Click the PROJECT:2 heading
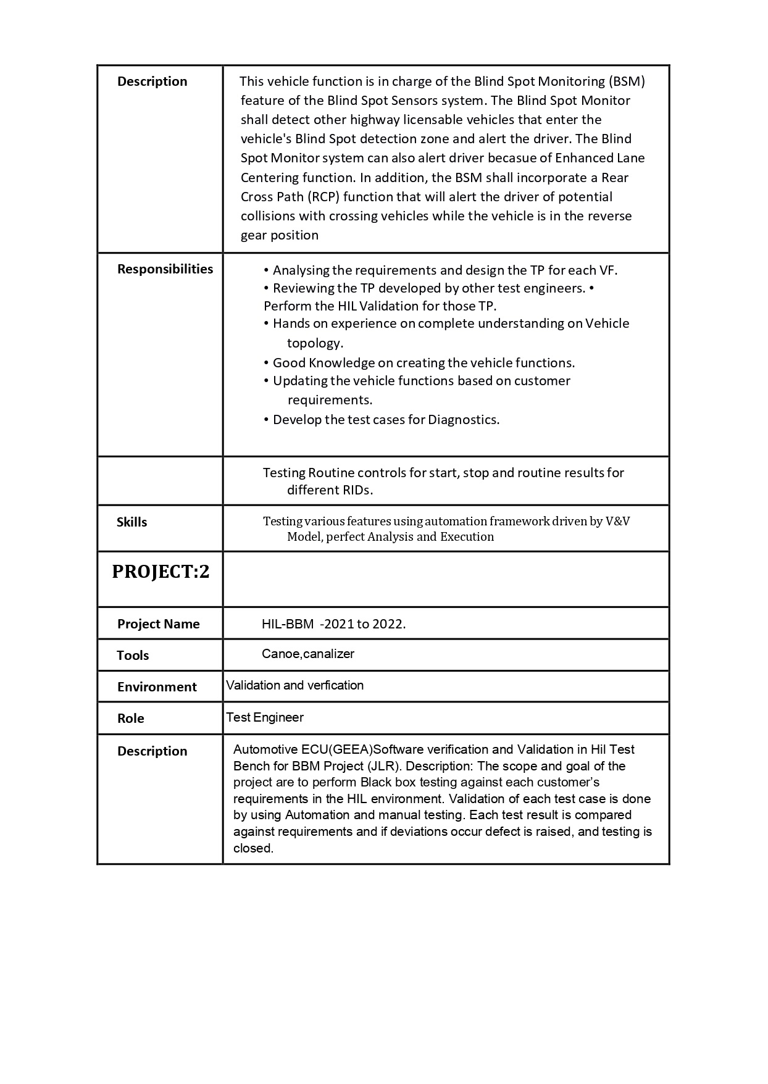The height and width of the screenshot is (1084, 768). [x=161, y=572]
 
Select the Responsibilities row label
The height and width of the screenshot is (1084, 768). [x=165, y=269]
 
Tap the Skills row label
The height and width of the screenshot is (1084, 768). [x=131, y=522]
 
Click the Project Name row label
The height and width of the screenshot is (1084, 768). [x=158, y=624]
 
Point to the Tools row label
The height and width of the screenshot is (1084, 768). [x=133, y=656]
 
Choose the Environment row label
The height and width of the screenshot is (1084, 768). [x=157, y=687]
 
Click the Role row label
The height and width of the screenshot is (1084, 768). [x=130, y=719]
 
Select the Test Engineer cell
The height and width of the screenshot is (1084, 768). [x=265, y=717]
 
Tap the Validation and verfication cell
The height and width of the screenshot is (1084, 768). [x=294, y=685]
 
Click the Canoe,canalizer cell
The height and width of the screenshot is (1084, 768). [x=307, y=654]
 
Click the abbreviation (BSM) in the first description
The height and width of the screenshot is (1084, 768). [x=627, y=81]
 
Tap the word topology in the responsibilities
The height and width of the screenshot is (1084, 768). [x=315, y=343]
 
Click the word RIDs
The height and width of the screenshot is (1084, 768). [x=356, y=490]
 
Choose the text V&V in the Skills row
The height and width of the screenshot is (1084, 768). [x=617, y=521]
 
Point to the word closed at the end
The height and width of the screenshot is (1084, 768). [x=253, y=848]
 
